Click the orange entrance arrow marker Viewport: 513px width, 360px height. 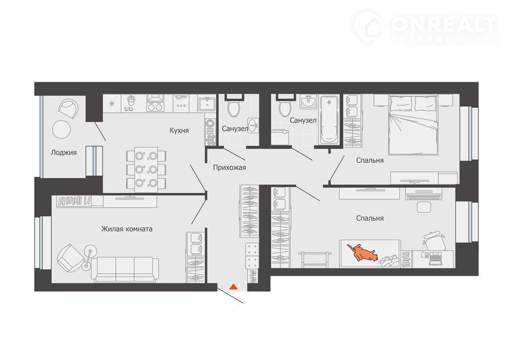click(233, 287)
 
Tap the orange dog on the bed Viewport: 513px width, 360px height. click(363, 252)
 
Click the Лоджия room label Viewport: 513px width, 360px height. click(64, 152)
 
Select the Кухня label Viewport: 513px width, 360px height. click(179, 130)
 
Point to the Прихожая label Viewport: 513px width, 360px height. click(229, 168)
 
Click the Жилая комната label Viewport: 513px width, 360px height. click(127, 229)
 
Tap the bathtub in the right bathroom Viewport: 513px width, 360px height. click(329, 120)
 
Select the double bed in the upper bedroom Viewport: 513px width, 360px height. click(413, 125)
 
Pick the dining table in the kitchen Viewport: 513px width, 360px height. click(146, 169)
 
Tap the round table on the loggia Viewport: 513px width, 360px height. click(62, 129)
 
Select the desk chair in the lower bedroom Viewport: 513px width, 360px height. click(434, 241)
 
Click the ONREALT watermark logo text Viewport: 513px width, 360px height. click(444, 24)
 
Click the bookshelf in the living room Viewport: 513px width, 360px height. click(74, 201)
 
